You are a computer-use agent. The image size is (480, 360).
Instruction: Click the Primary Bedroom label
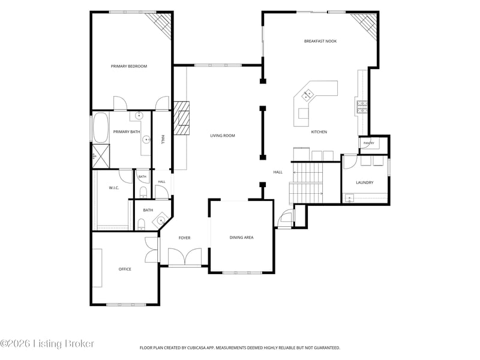pos(129,66)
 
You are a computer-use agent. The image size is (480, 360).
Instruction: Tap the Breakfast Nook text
pos(320,41)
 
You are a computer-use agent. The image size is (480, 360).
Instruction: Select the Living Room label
pos(223,136)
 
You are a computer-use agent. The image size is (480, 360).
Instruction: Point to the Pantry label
pos(369,143)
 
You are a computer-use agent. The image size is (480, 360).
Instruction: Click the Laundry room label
pos(365,182)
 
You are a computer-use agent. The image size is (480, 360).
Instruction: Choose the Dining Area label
pos(242,237)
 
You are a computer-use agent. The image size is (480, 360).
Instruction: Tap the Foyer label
pos(185,238)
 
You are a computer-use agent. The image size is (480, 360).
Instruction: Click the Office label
pos(125,269)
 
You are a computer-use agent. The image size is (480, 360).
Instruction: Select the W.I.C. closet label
pos(114,188)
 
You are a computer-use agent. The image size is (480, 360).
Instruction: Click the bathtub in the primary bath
pos(101,127)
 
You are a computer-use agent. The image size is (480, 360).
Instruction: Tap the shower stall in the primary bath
pos(101,156)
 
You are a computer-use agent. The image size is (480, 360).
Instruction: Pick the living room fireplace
pos(182,118)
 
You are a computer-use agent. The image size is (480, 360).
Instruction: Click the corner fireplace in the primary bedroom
pos(159,25)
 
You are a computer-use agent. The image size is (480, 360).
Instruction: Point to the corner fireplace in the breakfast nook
pos(365,25)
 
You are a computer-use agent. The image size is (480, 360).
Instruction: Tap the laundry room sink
pos(349,198)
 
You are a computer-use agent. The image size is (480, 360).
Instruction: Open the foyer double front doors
pos(185,257)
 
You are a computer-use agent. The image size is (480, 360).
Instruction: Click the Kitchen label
pos(319,132)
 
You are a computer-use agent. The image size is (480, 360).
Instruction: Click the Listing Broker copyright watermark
pos(47,343)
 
